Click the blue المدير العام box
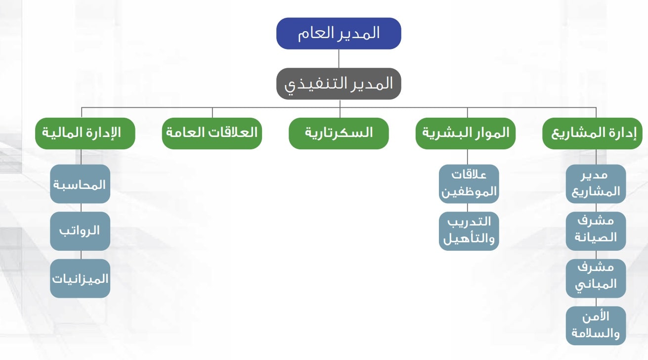pos(339,34)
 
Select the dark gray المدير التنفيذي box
pos(339,84)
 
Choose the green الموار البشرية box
pos(465,133)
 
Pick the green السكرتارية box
pos(339,133)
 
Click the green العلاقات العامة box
pos(212,133)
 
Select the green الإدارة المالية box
pos(85,133)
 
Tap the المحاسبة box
pos(80,184)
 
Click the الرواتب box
pos(80,231)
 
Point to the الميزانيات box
pos(80,278)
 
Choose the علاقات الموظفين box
pos(469,184)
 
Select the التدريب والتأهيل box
pos(469,231)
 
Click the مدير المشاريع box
pos(596,184)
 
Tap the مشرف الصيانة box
pos(596,231)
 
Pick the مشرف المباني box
pos(596,278)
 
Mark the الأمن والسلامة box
pos(596,325)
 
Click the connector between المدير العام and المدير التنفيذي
pos(339,58)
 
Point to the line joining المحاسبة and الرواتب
pos(80,207)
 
